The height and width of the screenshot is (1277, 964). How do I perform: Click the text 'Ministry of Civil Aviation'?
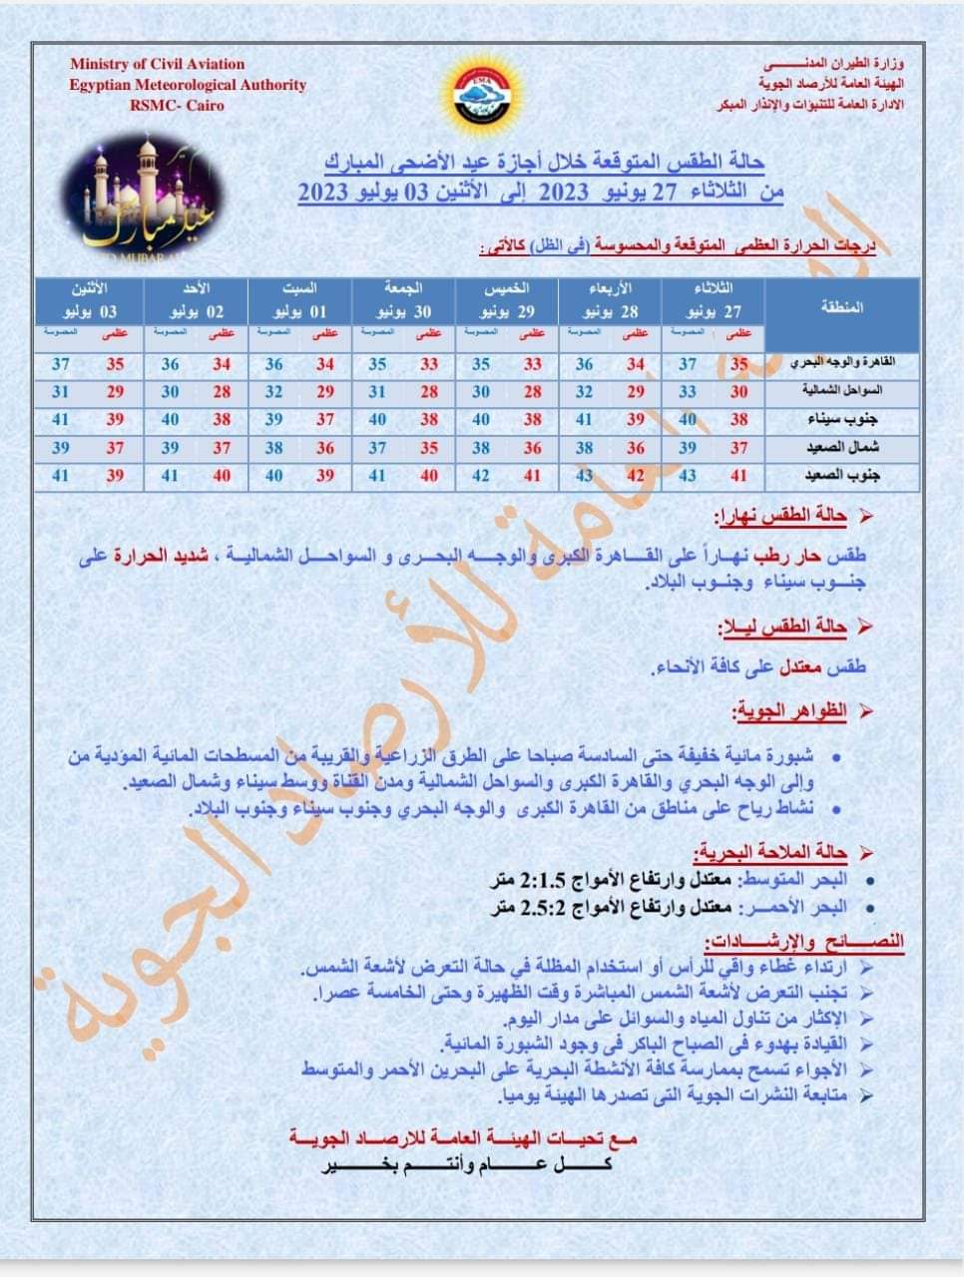157,64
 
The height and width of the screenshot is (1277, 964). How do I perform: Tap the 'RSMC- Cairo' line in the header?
177,105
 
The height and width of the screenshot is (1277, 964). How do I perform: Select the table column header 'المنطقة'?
841,307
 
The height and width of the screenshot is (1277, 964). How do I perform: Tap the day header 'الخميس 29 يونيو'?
506,300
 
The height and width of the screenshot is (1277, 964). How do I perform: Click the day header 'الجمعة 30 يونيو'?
402,300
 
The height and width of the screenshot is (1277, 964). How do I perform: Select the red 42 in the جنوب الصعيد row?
636,476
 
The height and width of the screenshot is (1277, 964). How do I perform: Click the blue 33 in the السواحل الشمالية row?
688,392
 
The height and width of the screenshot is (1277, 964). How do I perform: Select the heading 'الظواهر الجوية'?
790,711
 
